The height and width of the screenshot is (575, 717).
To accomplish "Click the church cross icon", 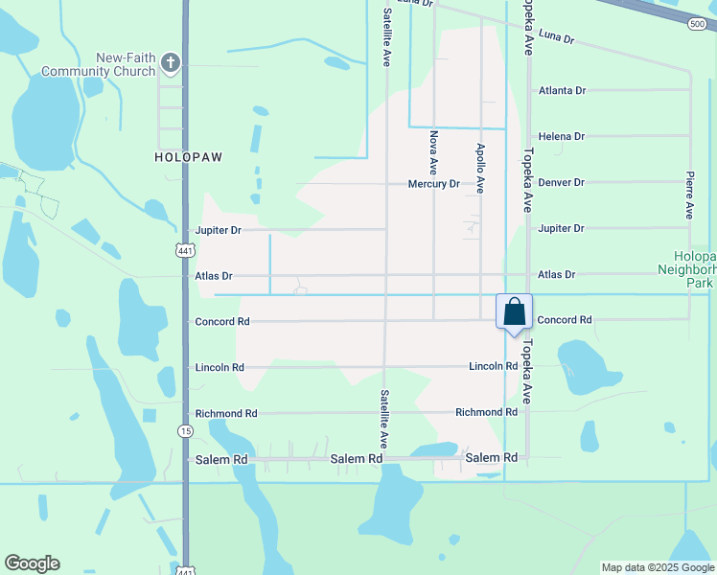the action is coord(171,63).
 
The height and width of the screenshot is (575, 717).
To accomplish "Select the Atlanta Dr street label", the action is coord(562,90).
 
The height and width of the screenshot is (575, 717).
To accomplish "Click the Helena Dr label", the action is coord(561,136).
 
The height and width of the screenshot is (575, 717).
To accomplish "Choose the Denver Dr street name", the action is coord(561,182).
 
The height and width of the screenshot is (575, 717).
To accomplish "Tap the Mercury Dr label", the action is coord(433,183).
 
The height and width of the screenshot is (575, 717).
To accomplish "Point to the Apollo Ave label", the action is coord(480,169).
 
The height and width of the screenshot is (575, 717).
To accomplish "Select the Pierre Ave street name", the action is coord(689,195).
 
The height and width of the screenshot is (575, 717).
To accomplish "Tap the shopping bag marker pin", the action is coord(514,313).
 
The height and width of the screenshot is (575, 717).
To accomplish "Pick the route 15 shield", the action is coord(185,431).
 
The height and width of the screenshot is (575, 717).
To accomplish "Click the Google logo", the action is coord(32,563).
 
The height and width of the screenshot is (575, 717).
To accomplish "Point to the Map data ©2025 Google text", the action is coord(658,567).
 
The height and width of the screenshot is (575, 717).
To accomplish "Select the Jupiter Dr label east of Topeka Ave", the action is coord(561,228).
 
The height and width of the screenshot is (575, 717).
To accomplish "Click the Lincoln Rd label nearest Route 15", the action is coord(220,367).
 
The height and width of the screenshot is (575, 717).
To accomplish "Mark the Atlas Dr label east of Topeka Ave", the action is coord(556,274).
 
